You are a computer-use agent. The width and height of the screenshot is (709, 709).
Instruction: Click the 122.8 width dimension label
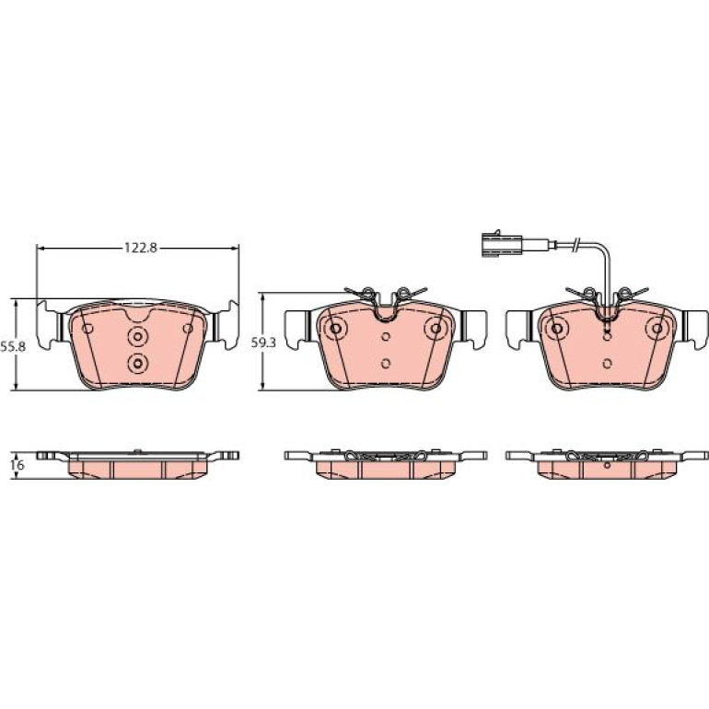click(x=141, y=248)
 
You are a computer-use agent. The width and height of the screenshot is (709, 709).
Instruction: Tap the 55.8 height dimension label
click(x=13, y=347)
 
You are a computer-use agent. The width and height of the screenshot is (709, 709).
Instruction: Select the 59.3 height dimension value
click(x=263, y=343)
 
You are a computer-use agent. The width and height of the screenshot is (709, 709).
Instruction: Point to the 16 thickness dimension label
click(x=19, y=465)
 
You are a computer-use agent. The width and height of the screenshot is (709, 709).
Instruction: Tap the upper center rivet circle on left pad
click(x=137, y=336)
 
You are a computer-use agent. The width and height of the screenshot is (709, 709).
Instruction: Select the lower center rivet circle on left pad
click(x=137, y=363)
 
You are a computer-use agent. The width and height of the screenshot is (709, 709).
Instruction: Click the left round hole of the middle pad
click(x=335, y=329)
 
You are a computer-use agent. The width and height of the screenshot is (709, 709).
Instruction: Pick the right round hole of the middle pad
click(x=436, y=329)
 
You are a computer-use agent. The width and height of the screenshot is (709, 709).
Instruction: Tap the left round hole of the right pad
click(x=557, y=329)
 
